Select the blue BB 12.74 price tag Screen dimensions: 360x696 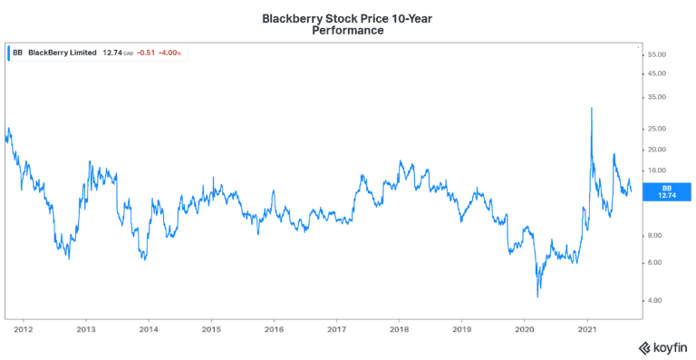(x=666, y=190)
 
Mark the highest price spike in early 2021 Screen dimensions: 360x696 (x=591, y=108)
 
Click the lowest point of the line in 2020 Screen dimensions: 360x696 (x=538, y=296)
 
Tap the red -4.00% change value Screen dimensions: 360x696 (x=169, y=53)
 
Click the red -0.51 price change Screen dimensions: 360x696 (x=143, y=53)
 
